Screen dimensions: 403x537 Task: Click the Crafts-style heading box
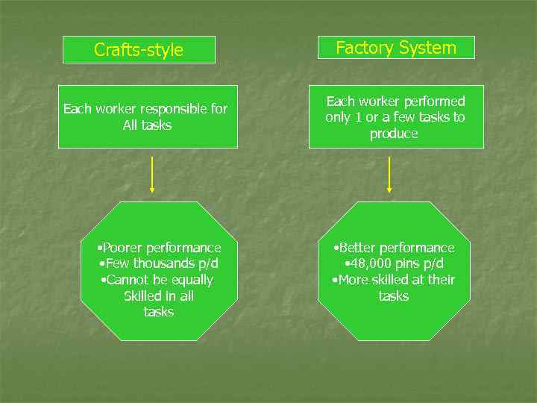coord(139,50)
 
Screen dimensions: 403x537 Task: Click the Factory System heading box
coord(395,48)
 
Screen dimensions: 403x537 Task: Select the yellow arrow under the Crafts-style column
coord(152,175)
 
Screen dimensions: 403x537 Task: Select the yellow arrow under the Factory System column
coord(389,175)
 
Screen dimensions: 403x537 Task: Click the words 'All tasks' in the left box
coord(147,125)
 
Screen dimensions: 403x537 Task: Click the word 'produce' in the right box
coord(394,134)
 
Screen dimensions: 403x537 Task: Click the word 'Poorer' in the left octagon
coord(122,248)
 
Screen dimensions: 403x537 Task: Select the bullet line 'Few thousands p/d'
coord(158,264)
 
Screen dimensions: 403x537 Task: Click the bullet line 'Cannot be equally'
coord(157,281)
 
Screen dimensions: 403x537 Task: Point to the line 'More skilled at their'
coord(393,281)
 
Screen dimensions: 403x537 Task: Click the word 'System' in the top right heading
coord(427,48)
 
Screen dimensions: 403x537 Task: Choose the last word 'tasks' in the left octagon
coord(158,312)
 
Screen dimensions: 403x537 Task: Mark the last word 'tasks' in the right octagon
coord(393,296)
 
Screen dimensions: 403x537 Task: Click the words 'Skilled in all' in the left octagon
coord(158,296)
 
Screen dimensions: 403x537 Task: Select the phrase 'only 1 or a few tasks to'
coord(395,118)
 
